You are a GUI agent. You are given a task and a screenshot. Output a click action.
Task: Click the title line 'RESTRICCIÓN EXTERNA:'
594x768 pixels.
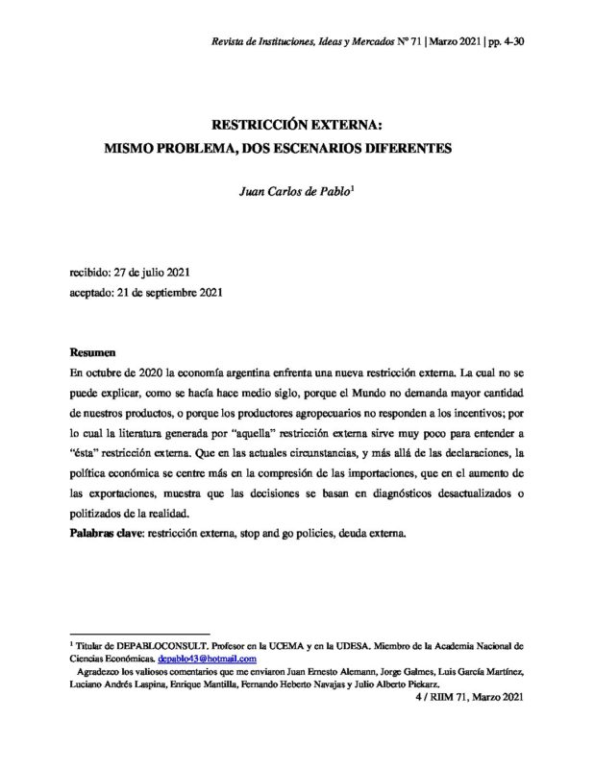[298, 126]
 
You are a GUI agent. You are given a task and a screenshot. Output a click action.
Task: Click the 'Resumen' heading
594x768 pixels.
[94, 353]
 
